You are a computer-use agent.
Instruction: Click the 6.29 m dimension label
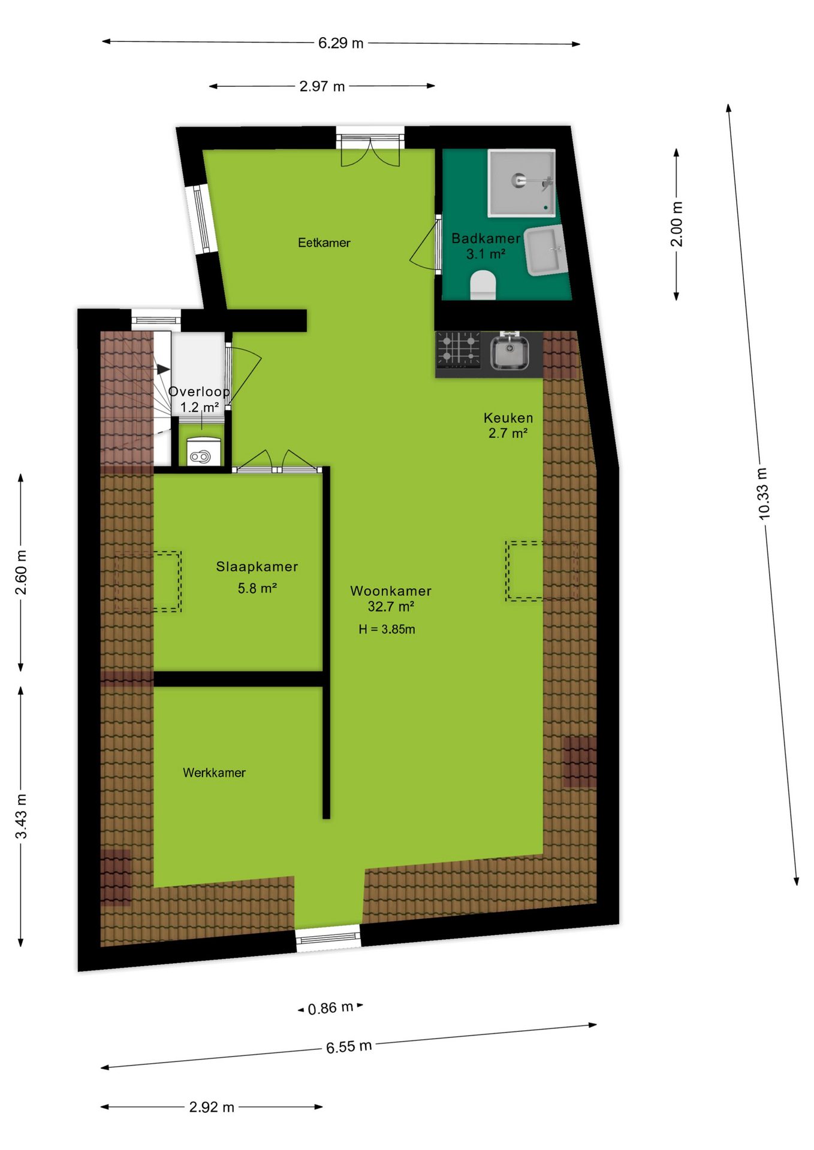[340, 43]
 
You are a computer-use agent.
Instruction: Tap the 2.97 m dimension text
[322, 86]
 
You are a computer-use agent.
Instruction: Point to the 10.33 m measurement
[762, 493]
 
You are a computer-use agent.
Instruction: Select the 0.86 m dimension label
[330, 1008]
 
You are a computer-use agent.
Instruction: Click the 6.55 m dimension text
[349, 1047]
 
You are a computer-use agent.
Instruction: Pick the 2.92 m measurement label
[212, 1107]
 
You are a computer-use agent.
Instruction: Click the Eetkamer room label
[324, 243]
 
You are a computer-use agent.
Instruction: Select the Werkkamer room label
[214, 773]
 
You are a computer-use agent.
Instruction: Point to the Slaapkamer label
[257, 567]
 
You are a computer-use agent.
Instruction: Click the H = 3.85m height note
[387, 629]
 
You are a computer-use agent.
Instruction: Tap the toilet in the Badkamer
[483, 285]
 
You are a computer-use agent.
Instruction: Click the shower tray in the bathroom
[521, 183]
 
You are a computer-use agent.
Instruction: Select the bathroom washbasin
[546, 250]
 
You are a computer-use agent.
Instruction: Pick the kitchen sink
[509, 352]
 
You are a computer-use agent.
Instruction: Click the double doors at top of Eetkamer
[370, 152]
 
